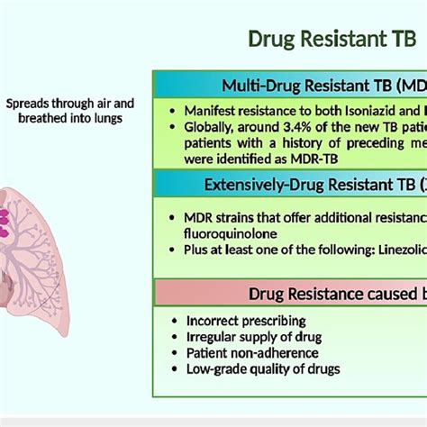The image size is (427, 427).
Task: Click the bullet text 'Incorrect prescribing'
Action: [x=246, y=320]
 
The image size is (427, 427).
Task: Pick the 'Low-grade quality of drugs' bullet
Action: [x=263, y=369]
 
